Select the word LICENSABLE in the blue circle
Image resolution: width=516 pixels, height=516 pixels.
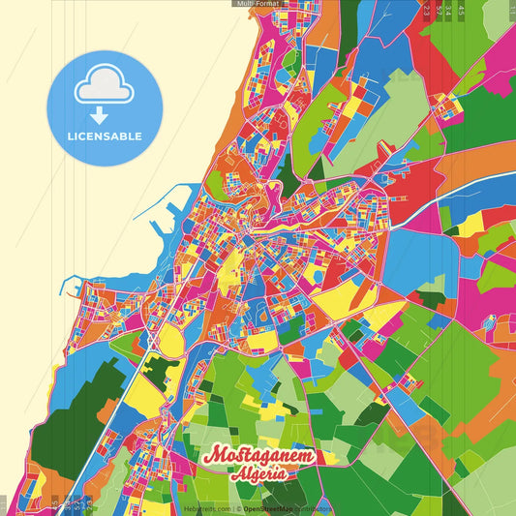(x=105, y=137)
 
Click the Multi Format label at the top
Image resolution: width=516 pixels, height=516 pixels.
(x=257, y=4)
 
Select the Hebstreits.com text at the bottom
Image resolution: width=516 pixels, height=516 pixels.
(x=206, y=507)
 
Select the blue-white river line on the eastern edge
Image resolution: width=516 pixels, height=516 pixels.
(x=484, y=184)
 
